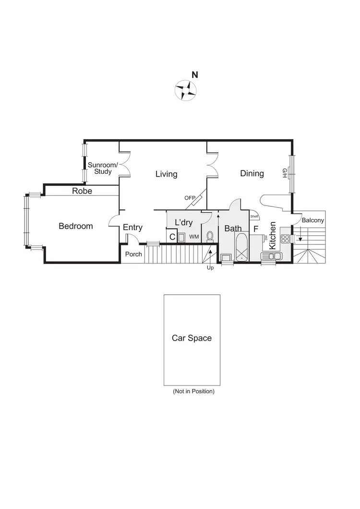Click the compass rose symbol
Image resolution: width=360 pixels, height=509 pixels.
185,90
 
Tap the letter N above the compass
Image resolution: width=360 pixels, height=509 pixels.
195,75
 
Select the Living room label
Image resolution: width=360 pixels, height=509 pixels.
166,174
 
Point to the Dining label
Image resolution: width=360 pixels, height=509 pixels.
252,173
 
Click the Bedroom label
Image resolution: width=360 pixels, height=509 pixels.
76,226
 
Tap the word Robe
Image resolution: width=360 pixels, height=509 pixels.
82,191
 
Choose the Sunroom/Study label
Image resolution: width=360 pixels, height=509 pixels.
100,168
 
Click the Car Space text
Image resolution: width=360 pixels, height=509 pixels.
192,338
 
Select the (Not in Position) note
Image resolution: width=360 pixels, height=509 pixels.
193,391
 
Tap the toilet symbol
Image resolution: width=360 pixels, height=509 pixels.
210,236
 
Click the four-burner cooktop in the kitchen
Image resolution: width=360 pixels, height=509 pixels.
285,238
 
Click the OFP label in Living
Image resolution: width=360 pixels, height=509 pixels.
190,198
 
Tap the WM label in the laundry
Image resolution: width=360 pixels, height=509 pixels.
194,237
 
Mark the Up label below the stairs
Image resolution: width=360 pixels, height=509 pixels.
210,268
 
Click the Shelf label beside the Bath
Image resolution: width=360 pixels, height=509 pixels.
254,216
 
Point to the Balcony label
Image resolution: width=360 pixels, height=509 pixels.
313,220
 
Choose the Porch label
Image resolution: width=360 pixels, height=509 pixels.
133,254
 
